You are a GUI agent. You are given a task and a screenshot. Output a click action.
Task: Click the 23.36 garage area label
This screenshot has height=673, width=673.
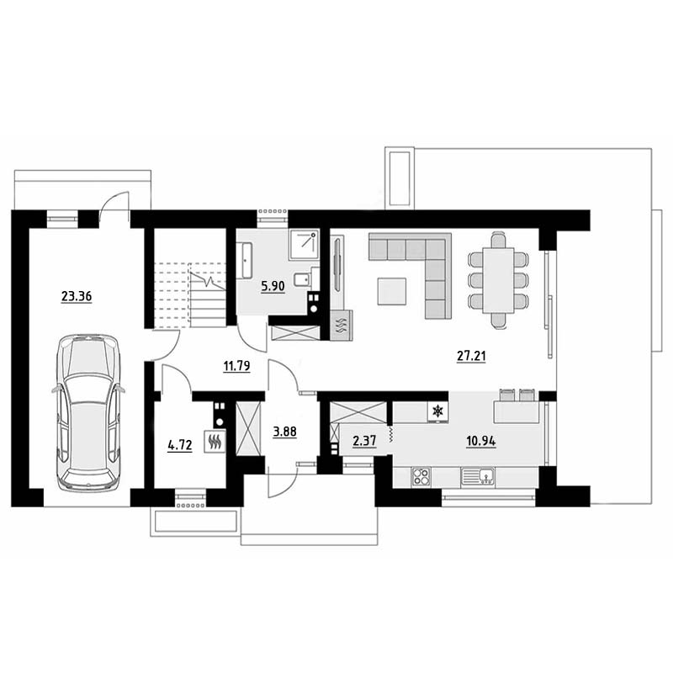pos(77,297)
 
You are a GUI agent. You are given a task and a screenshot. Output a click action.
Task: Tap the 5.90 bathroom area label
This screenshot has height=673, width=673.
pos(273,286)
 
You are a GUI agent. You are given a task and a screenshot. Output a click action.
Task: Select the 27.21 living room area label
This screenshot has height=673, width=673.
pos(471,356)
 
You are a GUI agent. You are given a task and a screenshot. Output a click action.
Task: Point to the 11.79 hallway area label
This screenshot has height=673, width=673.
pos(236,366)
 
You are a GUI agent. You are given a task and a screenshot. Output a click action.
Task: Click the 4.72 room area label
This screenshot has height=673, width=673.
pos(180,445)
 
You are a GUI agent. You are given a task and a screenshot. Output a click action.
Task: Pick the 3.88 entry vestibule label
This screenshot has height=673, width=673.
pos(284,432)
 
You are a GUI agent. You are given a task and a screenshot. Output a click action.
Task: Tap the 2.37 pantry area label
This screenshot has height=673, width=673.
pos(364,441)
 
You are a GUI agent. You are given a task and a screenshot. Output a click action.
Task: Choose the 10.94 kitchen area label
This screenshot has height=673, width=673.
pos(481,441)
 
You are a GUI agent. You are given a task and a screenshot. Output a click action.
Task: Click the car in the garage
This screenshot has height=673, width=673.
pos(88,412)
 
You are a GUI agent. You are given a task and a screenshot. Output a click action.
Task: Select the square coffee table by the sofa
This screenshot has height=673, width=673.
pos(392,291)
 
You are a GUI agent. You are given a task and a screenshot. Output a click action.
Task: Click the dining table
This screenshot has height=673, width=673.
pos(498,281)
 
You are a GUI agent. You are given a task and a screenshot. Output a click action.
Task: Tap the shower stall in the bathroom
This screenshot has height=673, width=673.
pos(305,244)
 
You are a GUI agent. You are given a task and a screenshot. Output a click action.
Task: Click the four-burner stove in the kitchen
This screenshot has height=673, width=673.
pos(421,477)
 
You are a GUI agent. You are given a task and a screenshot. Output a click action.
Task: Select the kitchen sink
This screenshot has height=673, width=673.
pos(478,476)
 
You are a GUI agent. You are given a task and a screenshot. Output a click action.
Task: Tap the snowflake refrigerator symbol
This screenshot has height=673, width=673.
pos(437,411)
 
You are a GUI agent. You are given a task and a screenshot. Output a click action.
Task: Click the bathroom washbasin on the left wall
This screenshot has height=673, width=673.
pos(247,260)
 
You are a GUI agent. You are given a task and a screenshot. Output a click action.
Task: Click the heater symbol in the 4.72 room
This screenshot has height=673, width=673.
pos(215,441)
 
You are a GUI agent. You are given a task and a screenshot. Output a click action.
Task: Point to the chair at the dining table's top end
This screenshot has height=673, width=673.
pos(498,240)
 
